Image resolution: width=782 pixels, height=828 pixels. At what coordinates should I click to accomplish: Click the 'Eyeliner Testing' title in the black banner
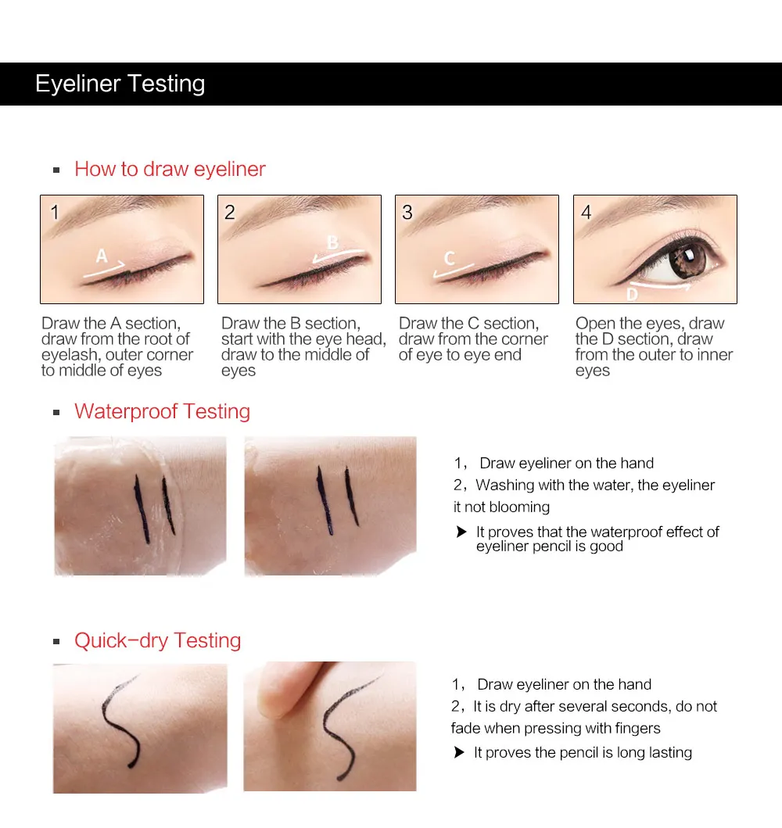coord(120,84)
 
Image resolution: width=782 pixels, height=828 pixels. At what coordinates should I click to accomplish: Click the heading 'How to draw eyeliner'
coord(170,169)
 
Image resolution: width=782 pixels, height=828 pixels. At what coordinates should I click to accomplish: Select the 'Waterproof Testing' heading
coord(162,411)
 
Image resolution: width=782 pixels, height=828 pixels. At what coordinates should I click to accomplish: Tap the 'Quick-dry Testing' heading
coord(157,640)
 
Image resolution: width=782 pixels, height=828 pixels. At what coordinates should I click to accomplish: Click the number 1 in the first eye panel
coord(55,213)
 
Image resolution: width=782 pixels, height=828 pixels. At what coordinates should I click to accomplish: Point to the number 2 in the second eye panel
coord(230,213)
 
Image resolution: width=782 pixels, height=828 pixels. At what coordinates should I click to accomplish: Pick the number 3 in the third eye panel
coord(407,213)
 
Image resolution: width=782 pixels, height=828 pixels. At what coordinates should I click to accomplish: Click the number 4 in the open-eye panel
coord(586,213)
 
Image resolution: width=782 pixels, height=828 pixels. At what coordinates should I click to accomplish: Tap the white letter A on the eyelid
coord(102,256)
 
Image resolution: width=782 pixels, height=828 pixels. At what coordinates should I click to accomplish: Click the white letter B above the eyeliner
coord(332,242)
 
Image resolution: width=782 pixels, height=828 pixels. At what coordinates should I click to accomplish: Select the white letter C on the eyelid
coord(450,258)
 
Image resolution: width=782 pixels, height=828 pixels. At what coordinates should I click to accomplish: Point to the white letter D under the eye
coord(632,294)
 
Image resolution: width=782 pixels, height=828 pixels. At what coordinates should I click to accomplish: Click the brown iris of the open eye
coord(686,260)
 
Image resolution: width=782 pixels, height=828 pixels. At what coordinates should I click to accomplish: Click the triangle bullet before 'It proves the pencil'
coord(459,752)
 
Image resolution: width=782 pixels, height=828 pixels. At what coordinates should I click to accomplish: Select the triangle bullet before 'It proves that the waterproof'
coord(461,532)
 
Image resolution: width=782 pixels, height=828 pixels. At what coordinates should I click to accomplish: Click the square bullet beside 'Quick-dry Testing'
coord(56,642)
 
